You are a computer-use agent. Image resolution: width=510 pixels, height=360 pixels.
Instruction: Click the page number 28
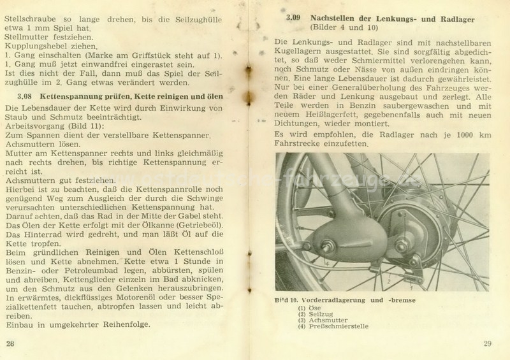[x=10, y=345]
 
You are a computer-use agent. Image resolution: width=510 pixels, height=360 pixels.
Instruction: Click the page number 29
[x=488, y=345]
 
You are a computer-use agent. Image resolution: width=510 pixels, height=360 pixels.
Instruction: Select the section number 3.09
[x=293, y=17]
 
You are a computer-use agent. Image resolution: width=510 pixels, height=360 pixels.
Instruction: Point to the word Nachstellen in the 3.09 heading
[x=337, y=17]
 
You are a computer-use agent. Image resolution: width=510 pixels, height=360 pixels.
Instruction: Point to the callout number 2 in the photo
[x=387, y=278]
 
